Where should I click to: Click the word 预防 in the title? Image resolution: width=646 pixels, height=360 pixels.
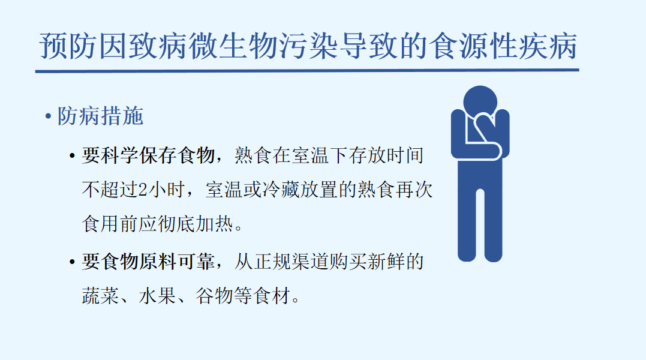click(x=69, y=46)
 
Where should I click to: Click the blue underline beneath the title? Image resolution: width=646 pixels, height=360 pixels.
click(x=307, y=71)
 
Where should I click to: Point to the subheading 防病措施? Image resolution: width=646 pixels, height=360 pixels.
click(x=100, y=116)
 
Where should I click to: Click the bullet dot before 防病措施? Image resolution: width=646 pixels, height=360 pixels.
click(x=48, y=116)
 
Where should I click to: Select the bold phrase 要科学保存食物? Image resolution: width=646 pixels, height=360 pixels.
click(x=148, y=155)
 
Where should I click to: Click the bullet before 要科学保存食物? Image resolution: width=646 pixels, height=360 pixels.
click(x=73, y=157)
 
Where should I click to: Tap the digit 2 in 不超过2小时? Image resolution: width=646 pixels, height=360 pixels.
click(x=143, y=190)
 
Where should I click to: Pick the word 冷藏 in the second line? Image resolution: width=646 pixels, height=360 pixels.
click(x=281, y=190)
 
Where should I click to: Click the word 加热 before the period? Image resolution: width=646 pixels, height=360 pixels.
click(x=214, y=224)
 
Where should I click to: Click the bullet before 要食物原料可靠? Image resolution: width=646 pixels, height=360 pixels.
click(x=73, y=262)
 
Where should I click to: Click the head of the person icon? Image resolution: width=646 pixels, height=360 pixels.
click(x=480, y=101)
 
